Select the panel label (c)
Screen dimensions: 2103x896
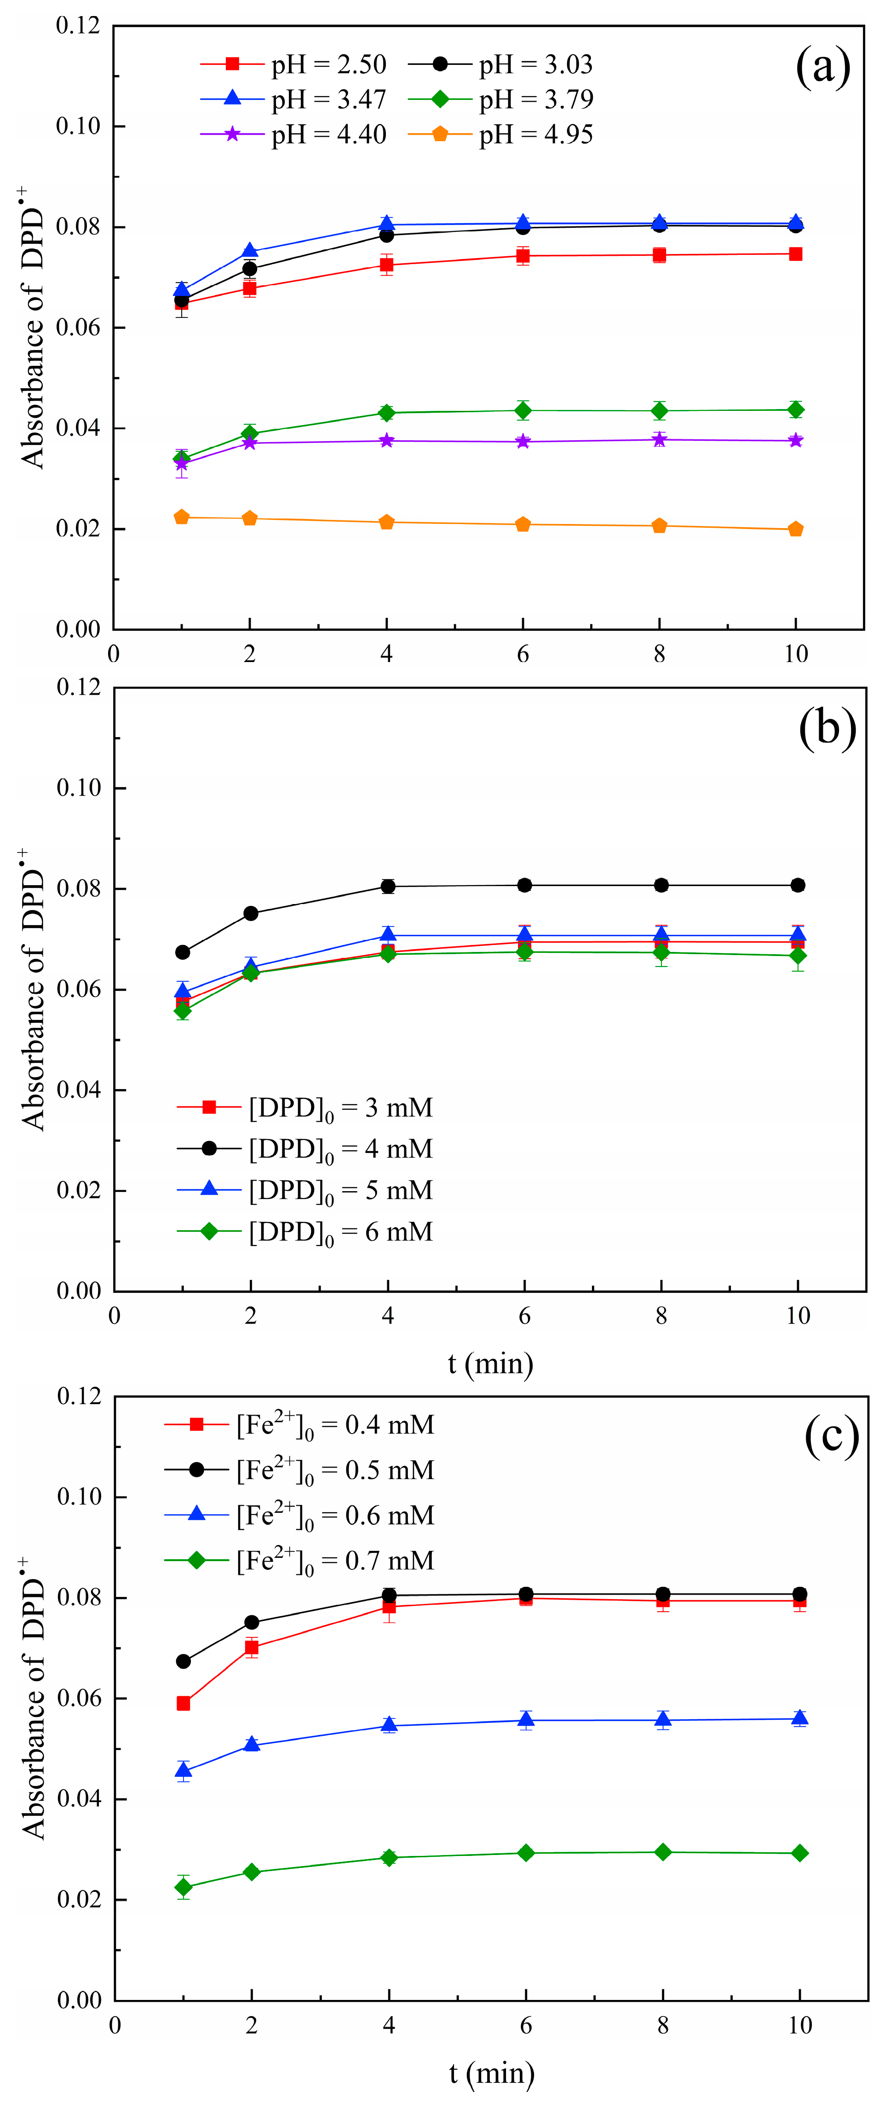[831, 1435]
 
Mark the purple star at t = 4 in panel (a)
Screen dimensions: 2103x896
[387, 441]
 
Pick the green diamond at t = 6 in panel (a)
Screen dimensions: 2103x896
[523, 411]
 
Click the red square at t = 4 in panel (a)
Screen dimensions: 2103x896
[387, 265]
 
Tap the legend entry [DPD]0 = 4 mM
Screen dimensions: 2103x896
[305, 1149]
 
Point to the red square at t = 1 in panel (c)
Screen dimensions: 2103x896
[184, 1703]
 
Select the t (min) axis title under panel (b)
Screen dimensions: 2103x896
[490, 1363]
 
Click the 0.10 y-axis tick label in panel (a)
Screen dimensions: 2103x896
[78, 127]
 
